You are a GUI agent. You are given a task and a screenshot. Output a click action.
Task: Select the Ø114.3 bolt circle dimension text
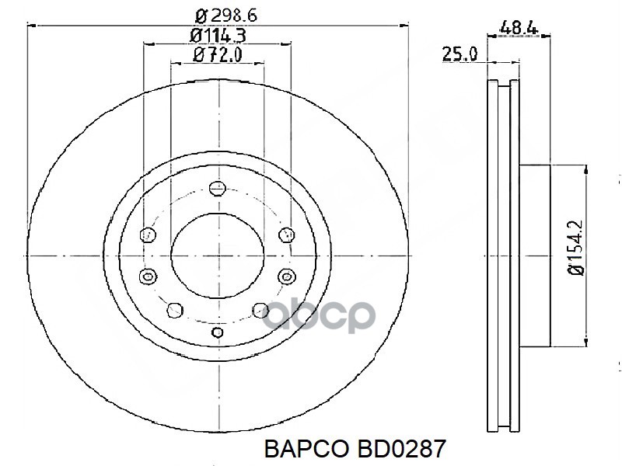click(x=218, y=35)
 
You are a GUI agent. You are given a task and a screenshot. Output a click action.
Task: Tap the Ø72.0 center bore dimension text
click(x=218, y=54)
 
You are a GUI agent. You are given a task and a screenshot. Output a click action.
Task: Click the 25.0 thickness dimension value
click(x=459, y=54)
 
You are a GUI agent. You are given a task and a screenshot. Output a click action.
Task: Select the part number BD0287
click(x=398, y=449)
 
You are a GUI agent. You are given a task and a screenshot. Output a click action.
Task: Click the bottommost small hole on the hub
click(x=218, y=332)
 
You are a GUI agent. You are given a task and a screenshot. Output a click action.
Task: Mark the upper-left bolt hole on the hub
click(x=147, y=234)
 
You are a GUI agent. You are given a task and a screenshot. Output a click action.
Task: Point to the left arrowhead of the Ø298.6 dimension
click(x=33, y=26)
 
